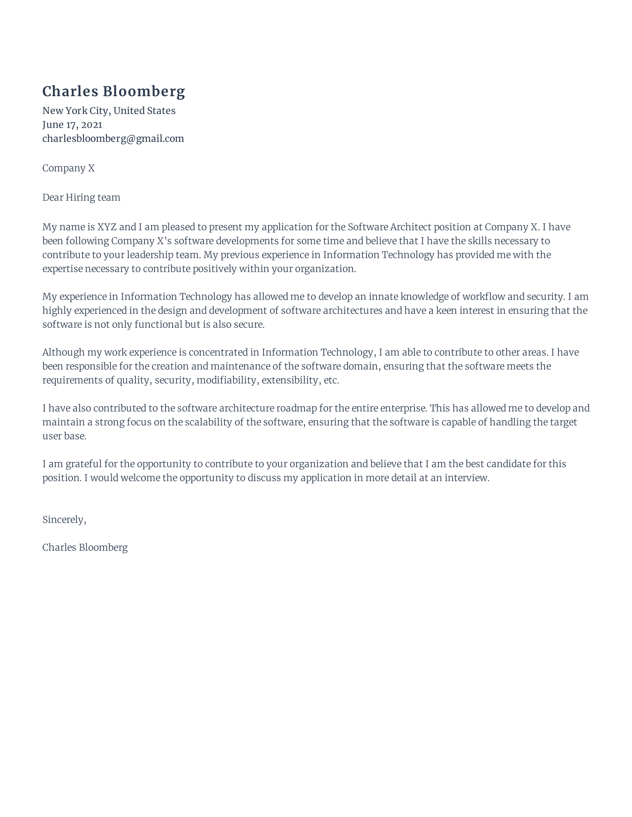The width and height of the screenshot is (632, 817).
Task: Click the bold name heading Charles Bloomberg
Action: click(113, 92)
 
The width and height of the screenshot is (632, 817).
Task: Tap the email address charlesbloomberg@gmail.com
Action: click(113, 139)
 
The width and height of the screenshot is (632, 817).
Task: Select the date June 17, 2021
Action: click(72, 124)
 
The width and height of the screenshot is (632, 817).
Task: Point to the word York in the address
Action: click(76, 111)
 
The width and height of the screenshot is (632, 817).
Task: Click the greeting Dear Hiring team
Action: click(81, 198)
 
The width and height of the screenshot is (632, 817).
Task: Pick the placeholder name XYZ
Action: click(107, 227)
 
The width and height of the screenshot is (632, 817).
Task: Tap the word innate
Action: click(383, 297)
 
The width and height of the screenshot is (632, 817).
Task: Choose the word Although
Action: click(63, 352)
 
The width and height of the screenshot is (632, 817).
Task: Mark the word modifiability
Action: click(226, 380)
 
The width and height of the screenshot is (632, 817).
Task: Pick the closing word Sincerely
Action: click(64, 520)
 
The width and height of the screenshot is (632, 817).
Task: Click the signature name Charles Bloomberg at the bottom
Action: click(85, 548)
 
